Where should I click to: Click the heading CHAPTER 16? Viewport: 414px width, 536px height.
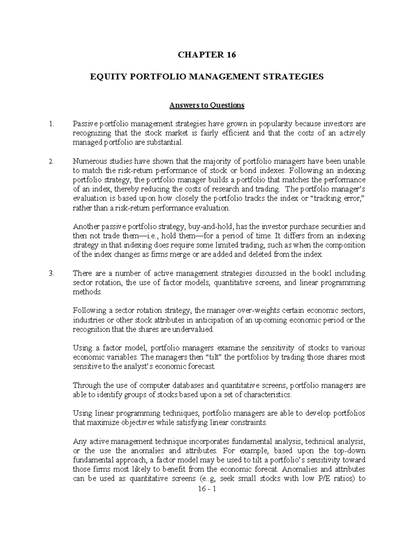207,55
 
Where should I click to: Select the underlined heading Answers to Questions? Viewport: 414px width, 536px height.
207,105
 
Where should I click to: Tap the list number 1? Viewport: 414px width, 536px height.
51,124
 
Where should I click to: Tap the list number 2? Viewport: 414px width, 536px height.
51,161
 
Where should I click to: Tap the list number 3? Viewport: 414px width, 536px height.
51,273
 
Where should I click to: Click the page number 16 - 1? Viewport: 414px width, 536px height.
207,489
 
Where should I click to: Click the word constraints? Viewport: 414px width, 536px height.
249,422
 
